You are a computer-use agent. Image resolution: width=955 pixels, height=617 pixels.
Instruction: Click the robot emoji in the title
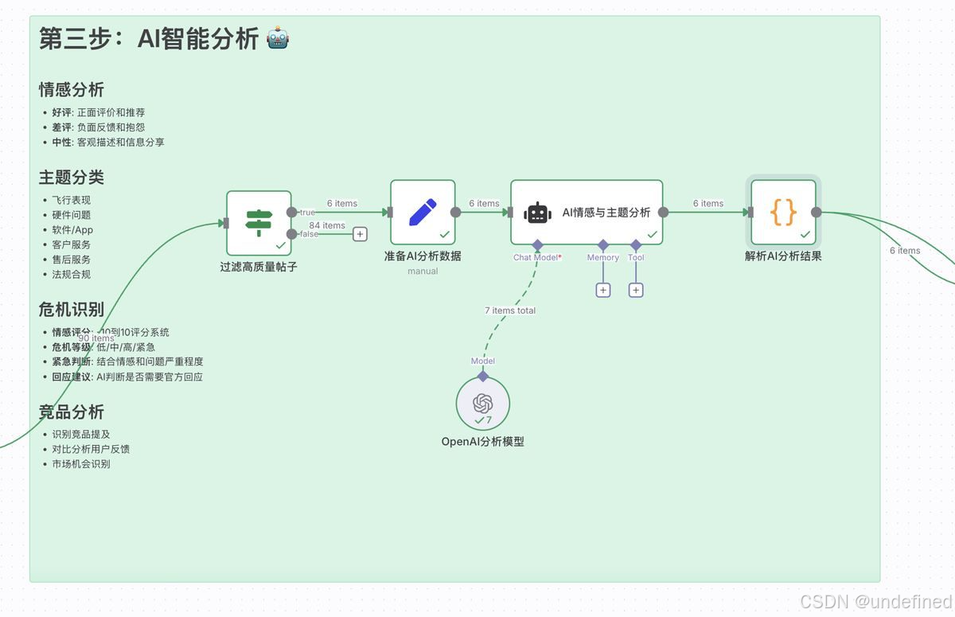[278, 38]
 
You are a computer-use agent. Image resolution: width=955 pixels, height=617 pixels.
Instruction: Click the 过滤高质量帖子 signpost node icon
[259, 223]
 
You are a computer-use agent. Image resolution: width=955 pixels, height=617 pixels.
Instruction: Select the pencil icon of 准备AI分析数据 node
[423, 212]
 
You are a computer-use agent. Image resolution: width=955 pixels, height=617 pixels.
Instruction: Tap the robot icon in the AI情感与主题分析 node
[538, 213]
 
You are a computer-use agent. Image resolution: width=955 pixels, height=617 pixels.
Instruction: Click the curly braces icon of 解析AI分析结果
[783, 212]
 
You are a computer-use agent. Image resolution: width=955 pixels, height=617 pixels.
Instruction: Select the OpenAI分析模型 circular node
[483, 404]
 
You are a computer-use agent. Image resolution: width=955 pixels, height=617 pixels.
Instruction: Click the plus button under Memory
[603, 290]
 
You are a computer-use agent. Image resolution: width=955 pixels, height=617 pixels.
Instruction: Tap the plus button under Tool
[636, 290]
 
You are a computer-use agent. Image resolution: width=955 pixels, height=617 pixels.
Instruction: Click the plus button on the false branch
[360, 234]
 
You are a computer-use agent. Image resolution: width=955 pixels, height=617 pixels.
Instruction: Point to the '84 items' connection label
[327, 226]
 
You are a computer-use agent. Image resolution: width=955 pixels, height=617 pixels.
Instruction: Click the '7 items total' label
[510, 310]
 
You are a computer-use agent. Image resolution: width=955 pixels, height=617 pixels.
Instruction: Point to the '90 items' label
[96, 338]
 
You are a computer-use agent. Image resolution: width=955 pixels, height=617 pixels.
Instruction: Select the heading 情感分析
[72, 89]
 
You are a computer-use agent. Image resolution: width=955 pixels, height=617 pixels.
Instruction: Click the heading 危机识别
[72, 309]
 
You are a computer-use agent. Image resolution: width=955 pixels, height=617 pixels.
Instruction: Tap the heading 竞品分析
[72, 412]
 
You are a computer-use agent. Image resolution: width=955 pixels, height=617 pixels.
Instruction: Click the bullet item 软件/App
[72, 230]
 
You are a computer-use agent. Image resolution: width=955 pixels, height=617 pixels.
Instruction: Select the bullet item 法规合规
[72, 274]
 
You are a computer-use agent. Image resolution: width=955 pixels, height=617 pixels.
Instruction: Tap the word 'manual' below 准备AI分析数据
[423, 271]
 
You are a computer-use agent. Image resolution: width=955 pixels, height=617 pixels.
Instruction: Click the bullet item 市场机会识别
[81, 463]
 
